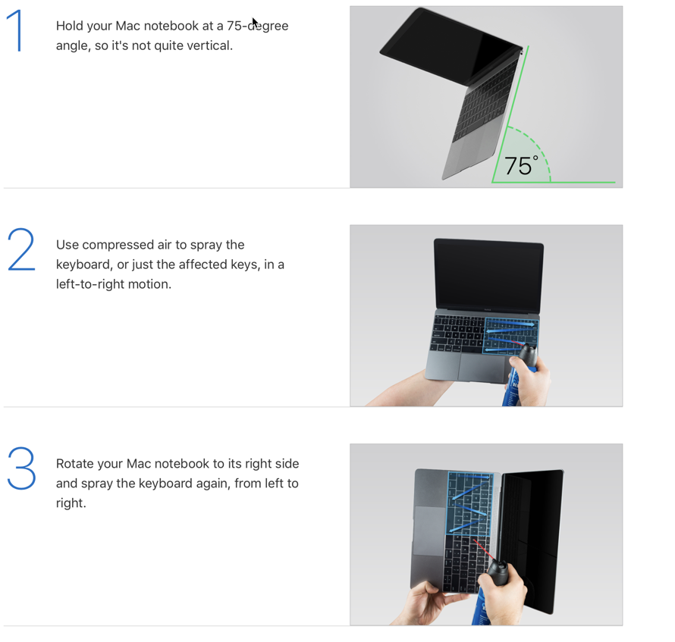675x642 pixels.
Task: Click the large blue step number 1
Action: [x=17, y=31]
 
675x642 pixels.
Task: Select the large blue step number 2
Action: [x=21, y=249]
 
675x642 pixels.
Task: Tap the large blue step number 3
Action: [x=21, y=468]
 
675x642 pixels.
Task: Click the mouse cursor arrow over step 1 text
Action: [x=256, y=23]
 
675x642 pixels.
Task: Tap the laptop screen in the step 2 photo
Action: [x=488, y=274]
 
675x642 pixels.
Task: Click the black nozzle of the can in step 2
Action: [x=528, y=355]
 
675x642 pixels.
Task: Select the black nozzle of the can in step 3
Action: [x=498, y=572]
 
